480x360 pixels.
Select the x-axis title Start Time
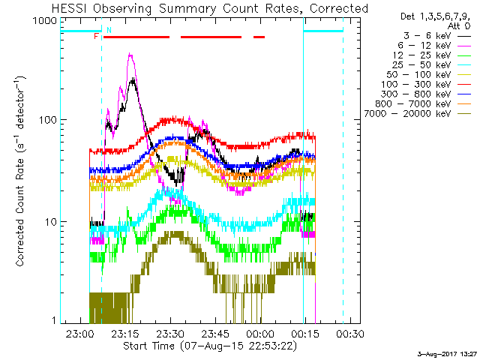202,346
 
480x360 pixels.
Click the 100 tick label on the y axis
46,120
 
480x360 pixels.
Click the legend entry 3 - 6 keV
431,35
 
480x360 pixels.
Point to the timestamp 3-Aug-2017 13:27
448,354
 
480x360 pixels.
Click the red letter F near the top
96,36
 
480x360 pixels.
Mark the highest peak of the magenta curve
130,53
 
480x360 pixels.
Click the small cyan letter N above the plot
109,30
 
